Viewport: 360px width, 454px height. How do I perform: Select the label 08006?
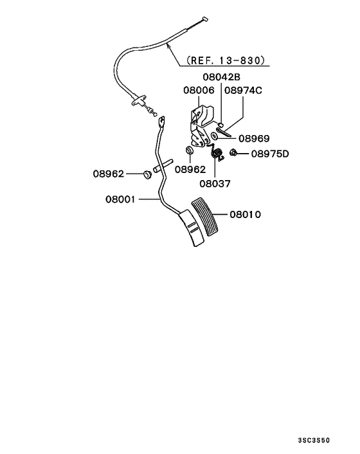coord(198,91)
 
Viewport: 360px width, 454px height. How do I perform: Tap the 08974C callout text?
coord(244,91)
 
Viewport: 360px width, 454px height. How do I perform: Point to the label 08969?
coord(254,138)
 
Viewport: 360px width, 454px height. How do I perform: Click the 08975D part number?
coord(269,154)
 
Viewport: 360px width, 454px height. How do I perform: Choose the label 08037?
coord(215,183)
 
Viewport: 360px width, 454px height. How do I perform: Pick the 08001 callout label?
coord(120,199)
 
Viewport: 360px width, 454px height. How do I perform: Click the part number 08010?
coord(245,214)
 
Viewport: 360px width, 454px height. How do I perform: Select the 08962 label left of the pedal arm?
coord(107,174)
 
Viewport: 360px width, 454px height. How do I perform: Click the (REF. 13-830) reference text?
coord(224,61)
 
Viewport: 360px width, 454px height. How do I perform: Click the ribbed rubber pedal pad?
coord(204,221)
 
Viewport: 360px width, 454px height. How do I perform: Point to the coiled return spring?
coord(218,154)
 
